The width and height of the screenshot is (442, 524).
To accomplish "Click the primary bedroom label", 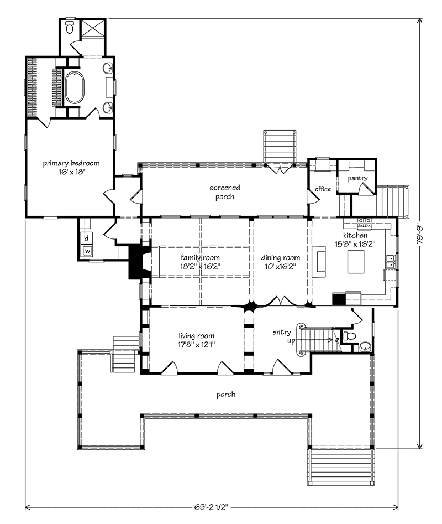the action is coord(71,163).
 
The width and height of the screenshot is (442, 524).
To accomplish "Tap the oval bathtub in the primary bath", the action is coord(75,87).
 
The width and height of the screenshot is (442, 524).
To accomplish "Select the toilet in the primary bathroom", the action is coord(70,27).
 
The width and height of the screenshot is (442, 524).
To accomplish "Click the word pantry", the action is coord(357,179).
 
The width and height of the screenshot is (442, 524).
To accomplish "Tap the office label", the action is coord(323,189).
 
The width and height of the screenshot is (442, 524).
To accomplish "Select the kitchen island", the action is coord(356,262).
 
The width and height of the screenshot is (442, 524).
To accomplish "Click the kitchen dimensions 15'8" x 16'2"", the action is coord(355,244).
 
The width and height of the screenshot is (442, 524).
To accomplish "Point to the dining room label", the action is coord(280,258).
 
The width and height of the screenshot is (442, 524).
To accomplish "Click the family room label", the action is coord(200,258).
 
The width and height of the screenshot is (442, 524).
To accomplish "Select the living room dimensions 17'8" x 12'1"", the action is coord(196,345).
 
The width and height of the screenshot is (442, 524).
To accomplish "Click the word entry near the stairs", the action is coord(282,332).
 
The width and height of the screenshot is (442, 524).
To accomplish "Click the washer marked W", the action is coord(87,250).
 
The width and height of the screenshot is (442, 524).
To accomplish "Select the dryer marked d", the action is coord(87,238).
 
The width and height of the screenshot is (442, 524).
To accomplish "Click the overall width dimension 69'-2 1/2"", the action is coord(211,507).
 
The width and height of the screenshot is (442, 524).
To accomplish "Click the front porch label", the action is coord(226,395).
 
